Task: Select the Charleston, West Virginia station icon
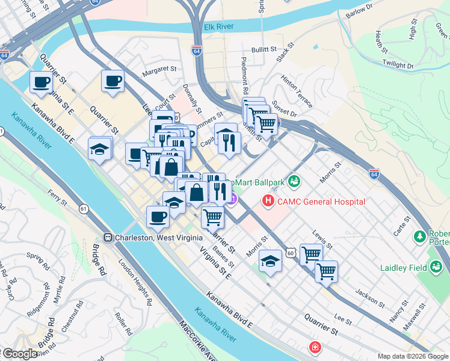pos(109,237)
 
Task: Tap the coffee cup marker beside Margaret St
pos(112,81)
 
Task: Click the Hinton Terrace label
pos(297,91)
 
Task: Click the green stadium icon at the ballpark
pos(294,180)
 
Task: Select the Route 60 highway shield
pos(291,254)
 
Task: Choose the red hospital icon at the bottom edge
pos(315,348)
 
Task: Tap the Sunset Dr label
pos(285,109)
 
